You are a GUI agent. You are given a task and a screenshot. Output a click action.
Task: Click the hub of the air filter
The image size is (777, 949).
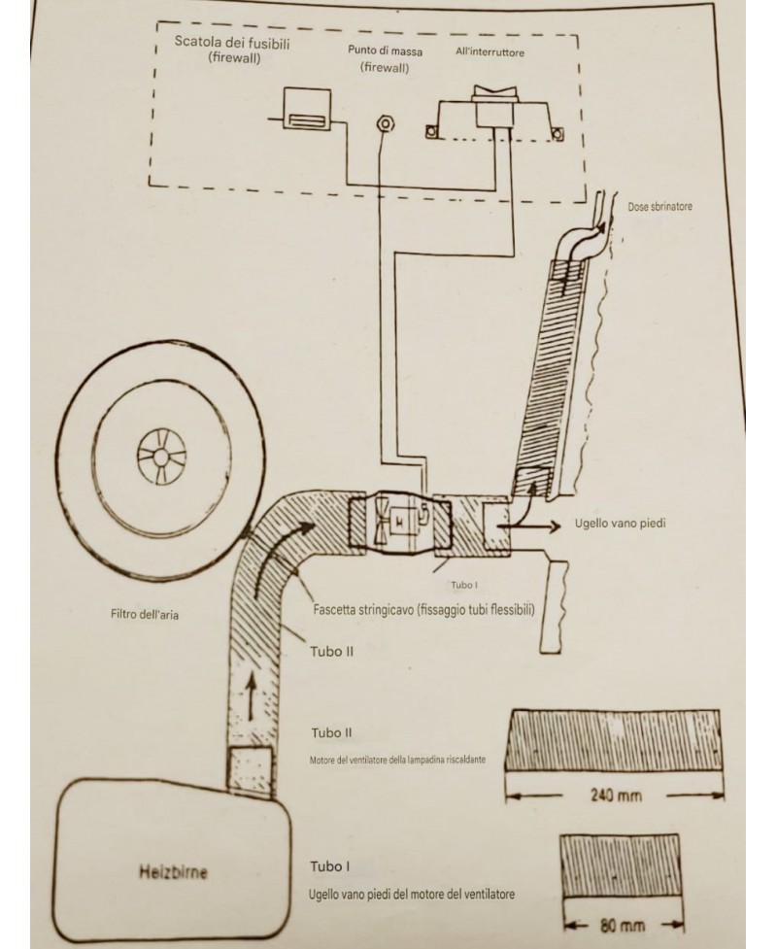(159, 455)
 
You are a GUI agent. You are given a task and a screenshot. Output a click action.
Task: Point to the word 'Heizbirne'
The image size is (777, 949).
(172, 872)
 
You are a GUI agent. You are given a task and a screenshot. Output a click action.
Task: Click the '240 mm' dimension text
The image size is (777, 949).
(617, 796)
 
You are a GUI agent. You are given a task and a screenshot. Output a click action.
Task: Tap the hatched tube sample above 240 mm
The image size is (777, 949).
(616, 738)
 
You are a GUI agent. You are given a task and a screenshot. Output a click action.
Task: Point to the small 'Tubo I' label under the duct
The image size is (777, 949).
(462, 587)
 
